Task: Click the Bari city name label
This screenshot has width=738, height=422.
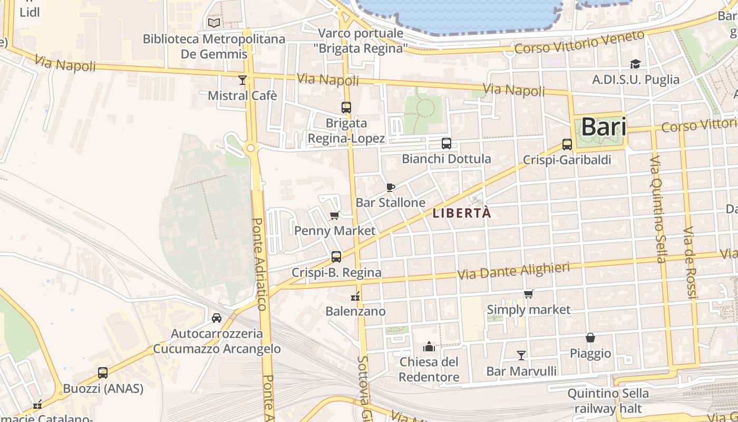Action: [x=604, y=127]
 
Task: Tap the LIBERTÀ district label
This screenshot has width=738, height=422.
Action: [x=461, y=213]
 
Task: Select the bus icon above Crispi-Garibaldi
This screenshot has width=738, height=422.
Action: [x=567, y=144]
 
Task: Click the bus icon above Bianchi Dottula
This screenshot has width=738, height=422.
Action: [x=446, y=143]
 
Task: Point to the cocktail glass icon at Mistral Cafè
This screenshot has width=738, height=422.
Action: [x=242, y=80]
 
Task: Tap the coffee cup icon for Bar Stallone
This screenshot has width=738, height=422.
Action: [x=390, y=187]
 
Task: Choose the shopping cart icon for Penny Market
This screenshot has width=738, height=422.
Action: [x=334, y=215]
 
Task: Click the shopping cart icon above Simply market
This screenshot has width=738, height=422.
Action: [x=528, y=294]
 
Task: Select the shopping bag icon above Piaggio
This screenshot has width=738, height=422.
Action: [x=590, y=338]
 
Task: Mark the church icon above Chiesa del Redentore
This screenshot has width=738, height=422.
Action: [x=429, y=347]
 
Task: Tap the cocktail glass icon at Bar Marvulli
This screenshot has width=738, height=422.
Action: [x=521, y=355]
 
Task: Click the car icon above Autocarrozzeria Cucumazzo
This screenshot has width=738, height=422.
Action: [x=216, y=318]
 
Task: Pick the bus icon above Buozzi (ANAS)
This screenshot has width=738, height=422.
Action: [x=103, y=373]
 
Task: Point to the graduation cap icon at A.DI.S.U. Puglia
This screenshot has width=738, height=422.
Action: [x=635, y=64]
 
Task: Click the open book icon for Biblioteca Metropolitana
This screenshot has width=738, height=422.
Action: [x=213, y=23]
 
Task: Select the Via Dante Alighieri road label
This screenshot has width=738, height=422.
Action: [x=513, y=271]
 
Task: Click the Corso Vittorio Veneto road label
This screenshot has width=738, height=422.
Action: [x=579, y=42]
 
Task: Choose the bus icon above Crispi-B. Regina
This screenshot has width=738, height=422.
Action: [x=336, y=257]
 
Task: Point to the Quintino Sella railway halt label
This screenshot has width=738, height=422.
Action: [x=608, y=401]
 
